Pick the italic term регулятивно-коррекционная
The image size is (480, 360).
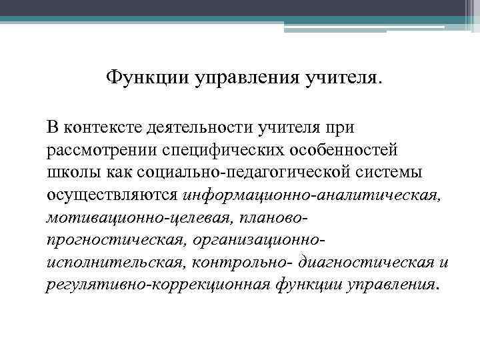pyautogui.click(x=157, y=285)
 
